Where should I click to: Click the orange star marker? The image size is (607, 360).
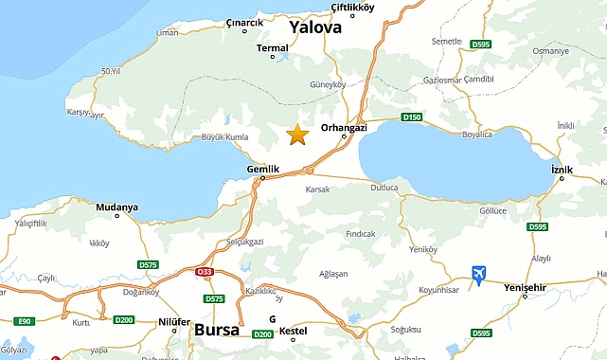(x=297, y=135)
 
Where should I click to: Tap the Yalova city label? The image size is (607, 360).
(x=315, y=27)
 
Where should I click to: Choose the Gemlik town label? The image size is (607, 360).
(x=263, y=169)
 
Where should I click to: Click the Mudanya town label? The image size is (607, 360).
(x=117, y=207)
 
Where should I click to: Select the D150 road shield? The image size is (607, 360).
(x=410, y=117)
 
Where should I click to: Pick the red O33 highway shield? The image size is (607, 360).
(x=205, y=273)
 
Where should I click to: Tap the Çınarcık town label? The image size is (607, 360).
(x=245, y=22)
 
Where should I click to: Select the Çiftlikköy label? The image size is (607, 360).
(x=353, y=8)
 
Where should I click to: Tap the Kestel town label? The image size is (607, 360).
(x=293, y=331)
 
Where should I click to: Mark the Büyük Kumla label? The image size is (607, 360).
(x=224, y=137)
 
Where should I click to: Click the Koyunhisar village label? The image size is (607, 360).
(x=438, y=291)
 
